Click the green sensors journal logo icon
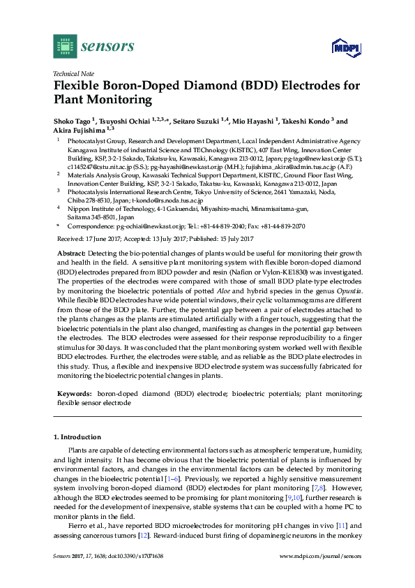click(65, 47)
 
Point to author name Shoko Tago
click(73, 121)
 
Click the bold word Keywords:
click(74, 394)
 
